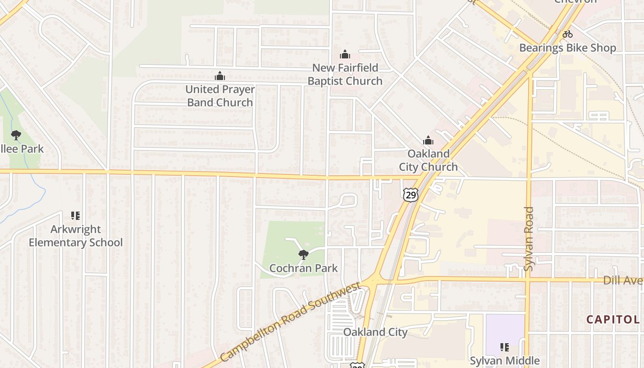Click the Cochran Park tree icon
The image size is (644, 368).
coord(303,254)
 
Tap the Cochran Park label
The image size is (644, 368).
coord(303,268)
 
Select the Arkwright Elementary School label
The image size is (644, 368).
coord(76,236)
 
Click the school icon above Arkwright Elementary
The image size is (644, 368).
coord(76,216)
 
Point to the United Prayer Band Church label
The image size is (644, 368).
coord(220,96)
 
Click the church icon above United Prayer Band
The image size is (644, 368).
coord(220,76)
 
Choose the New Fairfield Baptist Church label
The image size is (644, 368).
coord(345,74)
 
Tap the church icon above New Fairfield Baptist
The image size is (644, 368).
coord(345,54)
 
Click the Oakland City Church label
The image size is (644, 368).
coord(428,160)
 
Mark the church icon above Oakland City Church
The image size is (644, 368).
coord(428,140)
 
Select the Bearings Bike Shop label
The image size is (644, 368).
coord(567,48)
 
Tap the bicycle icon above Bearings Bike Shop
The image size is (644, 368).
coord(568,34)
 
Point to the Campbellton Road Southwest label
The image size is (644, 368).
coord(290,322)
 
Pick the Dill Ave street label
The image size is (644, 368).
coord(623,280)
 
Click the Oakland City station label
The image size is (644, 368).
coord(375,332)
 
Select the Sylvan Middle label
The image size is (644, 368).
coord(504,361)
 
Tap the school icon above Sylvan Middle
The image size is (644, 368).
coord(504,347)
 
